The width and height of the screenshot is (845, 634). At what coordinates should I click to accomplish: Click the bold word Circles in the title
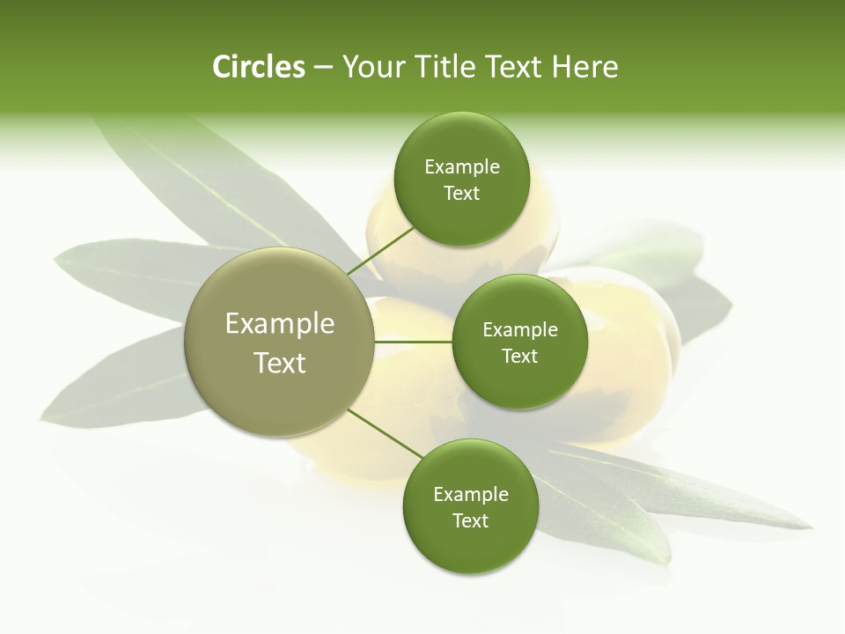tap(258, 67)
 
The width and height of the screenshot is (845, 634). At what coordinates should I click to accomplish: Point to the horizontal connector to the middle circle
tap(414, 342)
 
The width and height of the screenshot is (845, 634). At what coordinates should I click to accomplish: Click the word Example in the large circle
tap(280, 324)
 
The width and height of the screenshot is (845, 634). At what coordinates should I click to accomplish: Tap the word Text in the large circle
tap(280, 363)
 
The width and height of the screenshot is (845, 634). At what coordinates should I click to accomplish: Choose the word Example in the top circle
tap(462, 167)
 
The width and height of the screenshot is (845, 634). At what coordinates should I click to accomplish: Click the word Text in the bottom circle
tap(470, 521)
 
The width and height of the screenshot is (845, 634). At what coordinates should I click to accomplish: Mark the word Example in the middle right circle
tap(520, 330)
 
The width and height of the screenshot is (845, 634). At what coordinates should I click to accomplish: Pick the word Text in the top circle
tap(461, 194)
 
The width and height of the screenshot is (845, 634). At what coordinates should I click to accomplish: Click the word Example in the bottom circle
tap(471, 495)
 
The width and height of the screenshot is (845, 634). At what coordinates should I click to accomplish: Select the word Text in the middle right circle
tap(519, 357)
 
